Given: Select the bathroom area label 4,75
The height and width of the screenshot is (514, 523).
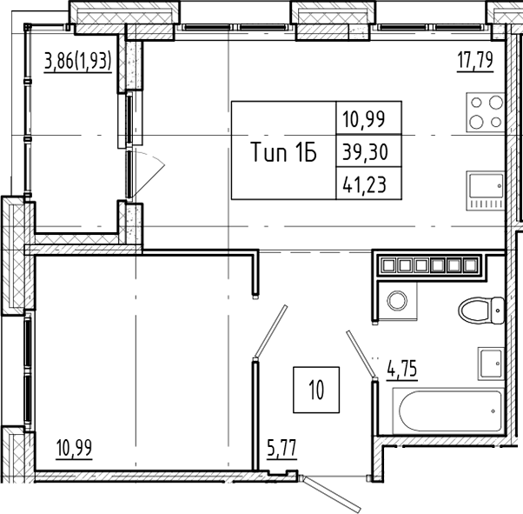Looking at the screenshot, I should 402,369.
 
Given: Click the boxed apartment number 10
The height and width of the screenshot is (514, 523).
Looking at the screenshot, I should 314,389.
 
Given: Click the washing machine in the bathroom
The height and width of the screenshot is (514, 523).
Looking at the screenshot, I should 397,301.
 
